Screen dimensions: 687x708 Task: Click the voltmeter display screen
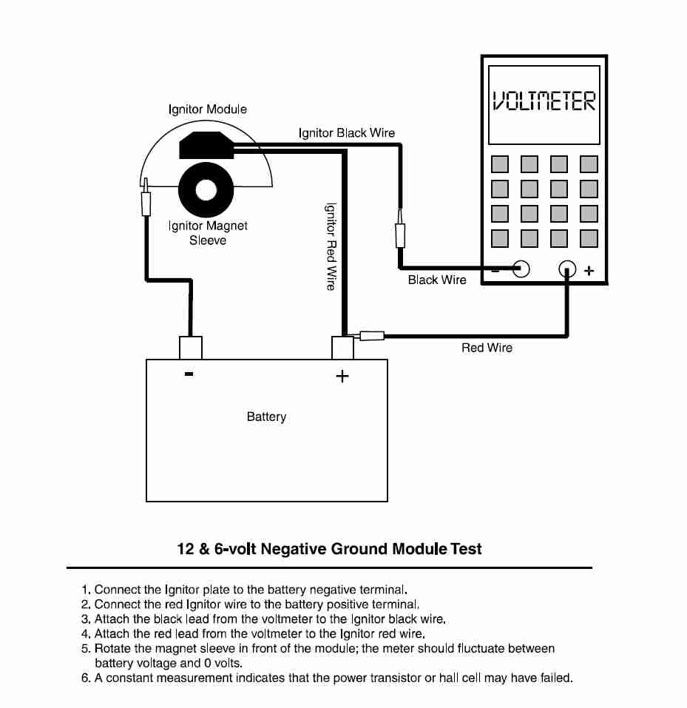coord(544,105)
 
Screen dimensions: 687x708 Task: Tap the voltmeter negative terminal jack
coord(521,269)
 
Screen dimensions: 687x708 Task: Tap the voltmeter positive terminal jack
coord(567,269)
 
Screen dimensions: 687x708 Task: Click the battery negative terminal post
coord(191,348)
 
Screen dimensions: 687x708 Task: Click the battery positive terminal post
coord(342,348)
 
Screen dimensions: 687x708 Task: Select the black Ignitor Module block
coord(207,145)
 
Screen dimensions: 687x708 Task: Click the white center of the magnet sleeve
coord(206,190)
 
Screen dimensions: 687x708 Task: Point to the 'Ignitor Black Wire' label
coord(347,132)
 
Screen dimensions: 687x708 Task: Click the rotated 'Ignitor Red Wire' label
coord(331,246)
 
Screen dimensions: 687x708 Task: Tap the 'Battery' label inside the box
coord(266,417)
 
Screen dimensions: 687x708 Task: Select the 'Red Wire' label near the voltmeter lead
coord(487,348)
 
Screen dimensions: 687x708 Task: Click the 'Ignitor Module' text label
coord(208,109)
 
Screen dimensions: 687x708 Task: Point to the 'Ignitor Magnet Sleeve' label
coord(208,232)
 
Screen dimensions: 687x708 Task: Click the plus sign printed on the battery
coord(342,376)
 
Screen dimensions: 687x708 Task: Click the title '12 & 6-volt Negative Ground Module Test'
coord(330,549)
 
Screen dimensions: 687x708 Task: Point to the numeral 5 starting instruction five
coord(85,649)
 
